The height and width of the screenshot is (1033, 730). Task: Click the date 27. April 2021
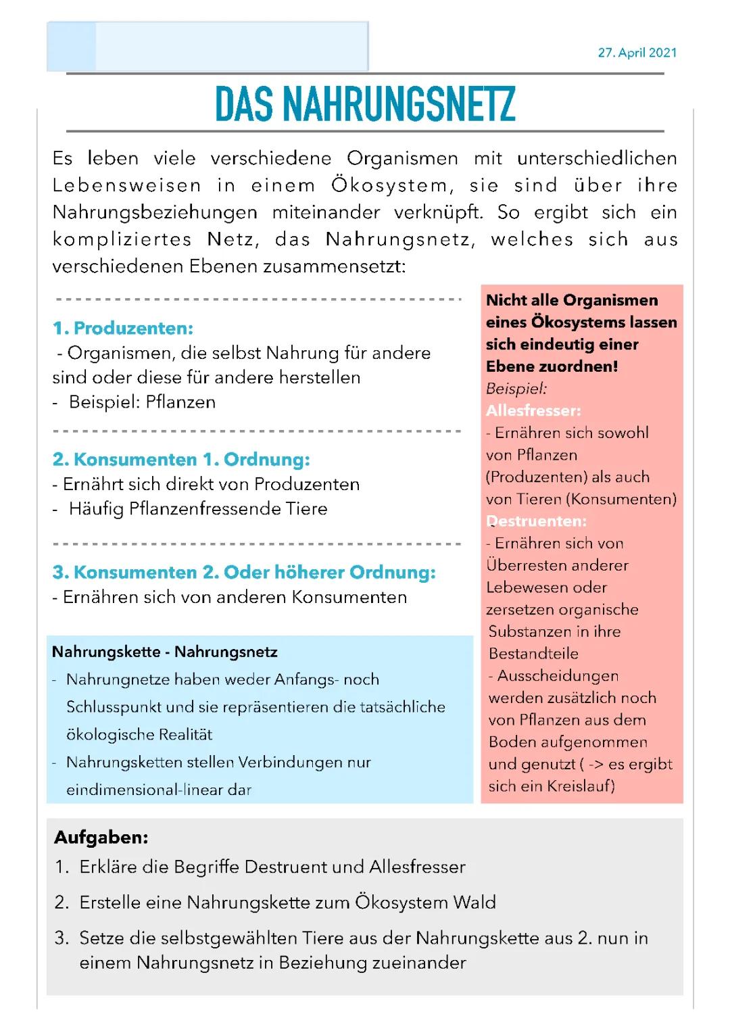pos(637,53)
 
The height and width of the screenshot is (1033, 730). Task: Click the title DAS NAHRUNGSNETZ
pos(365,104)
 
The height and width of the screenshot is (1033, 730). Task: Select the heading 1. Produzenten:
pos(123,329)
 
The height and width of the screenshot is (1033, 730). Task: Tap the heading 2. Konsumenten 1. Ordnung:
pos(181,460)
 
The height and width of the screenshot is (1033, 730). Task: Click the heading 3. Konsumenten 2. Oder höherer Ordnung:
pos(244,573)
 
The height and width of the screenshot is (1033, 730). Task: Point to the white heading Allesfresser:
pos(533,410)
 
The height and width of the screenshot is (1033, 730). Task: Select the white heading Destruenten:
pos(536,521)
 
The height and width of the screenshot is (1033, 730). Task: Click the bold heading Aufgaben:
pos(101,838)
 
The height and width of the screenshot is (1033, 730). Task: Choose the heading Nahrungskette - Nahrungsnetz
pos(164,652)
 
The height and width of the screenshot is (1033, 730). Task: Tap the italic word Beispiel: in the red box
pos(516,389)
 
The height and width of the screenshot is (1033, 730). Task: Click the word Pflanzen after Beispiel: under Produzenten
pos(180,402)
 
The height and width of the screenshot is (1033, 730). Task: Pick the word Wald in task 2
pos(474,903)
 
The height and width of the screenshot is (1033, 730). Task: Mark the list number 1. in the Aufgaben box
pos(62,867)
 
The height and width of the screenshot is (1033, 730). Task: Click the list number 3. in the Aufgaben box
pos(62,938)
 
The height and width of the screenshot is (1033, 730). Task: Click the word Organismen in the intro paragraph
pos(402,159)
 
